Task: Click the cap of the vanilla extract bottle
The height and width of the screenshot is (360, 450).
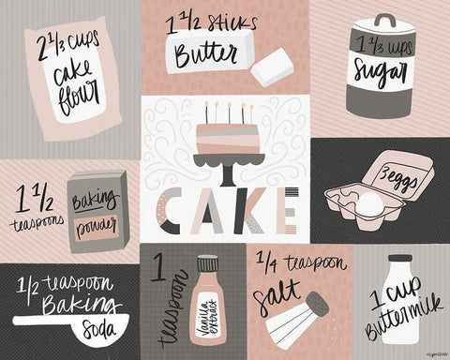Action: tap(206, 264)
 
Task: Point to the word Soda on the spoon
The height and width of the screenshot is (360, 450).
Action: tap(102, 328)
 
